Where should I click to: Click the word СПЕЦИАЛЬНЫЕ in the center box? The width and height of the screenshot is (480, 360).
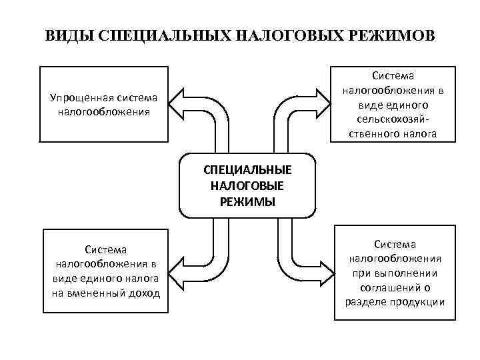tap(247, 170)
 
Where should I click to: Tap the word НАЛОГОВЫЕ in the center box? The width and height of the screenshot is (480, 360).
tap(247, 186)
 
